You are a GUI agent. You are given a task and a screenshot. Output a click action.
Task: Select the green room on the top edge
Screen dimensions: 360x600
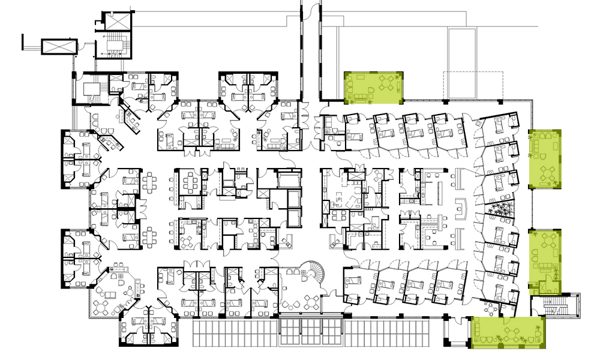pyautogui.click(x=373, y=87)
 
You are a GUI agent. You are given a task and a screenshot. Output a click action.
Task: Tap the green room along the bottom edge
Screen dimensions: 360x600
pyautogui.click(x=509, y=332)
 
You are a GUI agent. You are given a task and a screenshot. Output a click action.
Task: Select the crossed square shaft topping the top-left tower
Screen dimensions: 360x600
pyautogui.click(x=114, y=20)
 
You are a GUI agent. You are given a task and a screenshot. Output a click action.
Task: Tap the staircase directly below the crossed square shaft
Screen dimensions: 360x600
pyautogui.click(x=113, y=45)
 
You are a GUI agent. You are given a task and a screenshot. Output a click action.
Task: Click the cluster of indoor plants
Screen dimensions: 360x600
pyautogui.click(x=499, y=211)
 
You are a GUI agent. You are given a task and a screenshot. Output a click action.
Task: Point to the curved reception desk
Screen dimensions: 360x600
pyautogui.click(x=461, y=207)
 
